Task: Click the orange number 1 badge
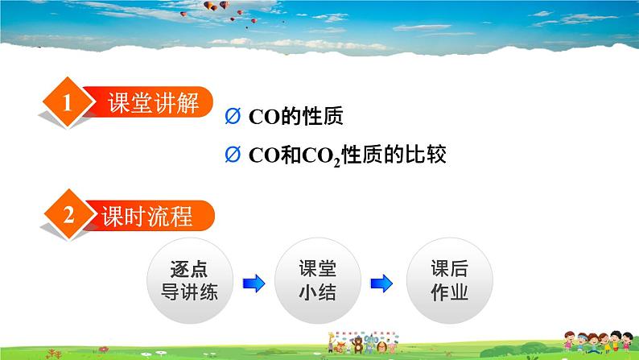coord(68,104)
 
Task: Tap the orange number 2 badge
coord(68,216)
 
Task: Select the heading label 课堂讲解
coord(152,103)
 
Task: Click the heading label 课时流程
coord(147,216)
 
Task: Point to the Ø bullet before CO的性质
coord(233,117)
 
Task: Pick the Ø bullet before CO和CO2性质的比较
coord(233,154)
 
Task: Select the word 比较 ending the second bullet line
coord(427,154)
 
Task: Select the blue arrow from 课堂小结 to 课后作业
coord(381,282)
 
